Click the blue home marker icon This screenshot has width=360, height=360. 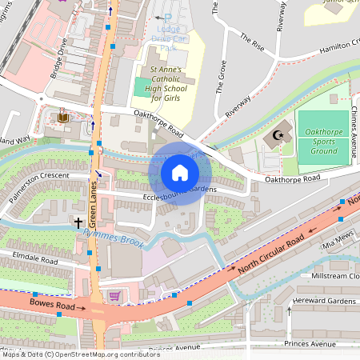[179, 172]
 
